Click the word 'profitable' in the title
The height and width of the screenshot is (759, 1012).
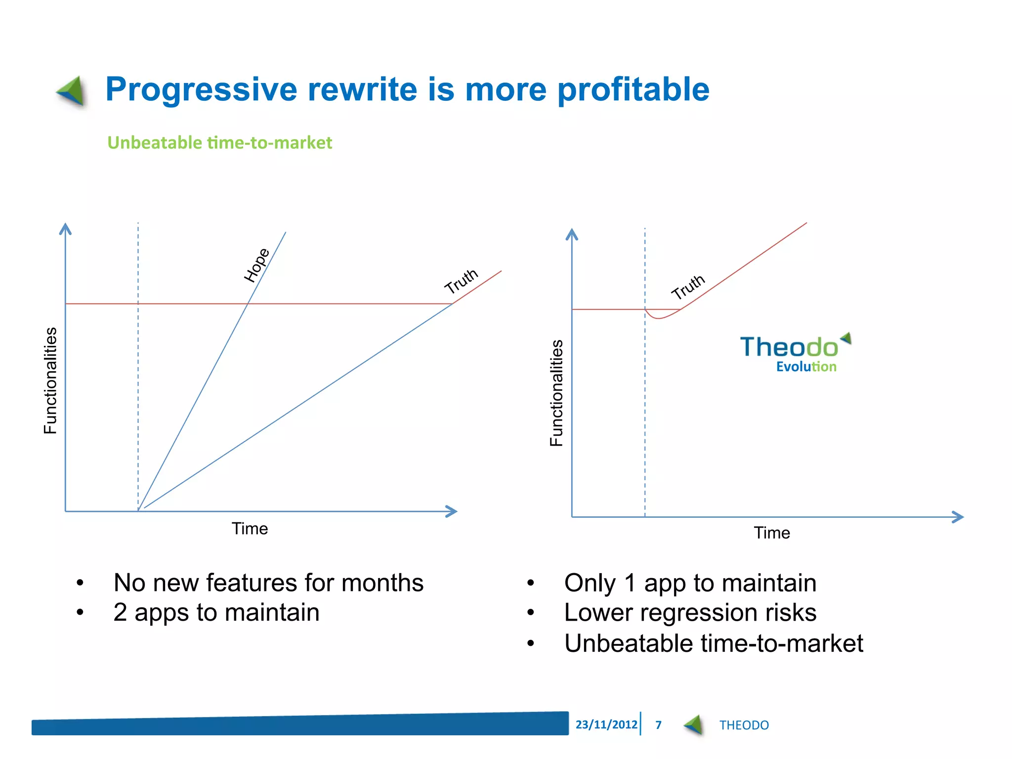(x=633, y=90)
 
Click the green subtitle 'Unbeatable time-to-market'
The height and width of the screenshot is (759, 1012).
(x=220, y=143)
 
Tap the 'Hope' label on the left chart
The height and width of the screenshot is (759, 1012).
(x=257, y=265)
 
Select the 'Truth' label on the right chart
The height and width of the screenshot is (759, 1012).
(x=688, y=287)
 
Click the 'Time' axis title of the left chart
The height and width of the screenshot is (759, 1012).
(x=250, y=529)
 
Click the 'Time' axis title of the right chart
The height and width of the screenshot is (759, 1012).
(x=771, y=533)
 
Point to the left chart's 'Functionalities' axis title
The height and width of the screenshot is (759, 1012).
(x=50, y=380)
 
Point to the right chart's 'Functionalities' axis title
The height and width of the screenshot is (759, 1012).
(x=557, y=393)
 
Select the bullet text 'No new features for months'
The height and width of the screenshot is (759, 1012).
(x=268, y=583)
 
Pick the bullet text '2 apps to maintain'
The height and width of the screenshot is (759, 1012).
(x=216, y=613)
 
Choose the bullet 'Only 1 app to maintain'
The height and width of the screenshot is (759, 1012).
(x=690, y=583)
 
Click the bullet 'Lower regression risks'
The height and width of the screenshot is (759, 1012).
(x=690, y=613)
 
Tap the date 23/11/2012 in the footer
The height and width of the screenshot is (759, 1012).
(x=606, y=724)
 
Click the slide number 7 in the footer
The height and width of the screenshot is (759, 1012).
(x=658, y=725)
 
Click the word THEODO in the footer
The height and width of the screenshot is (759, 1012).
(x=744, y=725)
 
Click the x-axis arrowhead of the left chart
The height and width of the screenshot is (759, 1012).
(x=451, y=511)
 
